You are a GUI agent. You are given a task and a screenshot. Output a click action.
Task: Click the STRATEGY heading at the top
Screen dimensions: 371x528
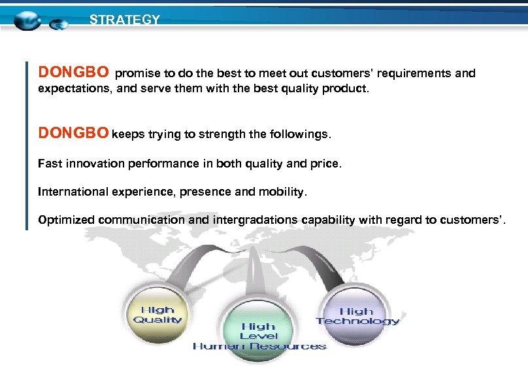point(124,20)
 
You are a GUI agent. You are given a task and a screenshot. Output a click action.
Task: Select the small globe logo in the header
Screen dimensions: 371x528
point(59,25)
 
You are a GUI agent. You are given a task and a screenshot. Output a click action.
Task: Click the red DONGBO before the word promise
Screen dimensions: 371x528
point(73,71)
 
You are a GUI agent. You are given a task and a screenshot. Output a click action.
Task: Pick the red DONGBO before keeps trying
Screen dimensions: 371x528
point(73,134)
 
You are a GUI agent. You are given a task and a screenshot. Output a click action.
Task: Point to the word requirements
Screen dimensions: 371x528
point(412,73)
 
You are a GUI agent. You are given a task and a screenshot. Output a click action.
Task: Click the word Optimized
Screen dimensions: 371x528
point(66,220)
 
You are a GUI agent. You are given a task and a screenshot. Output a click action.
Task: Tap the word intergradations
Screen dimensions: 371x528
point(255,220)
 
